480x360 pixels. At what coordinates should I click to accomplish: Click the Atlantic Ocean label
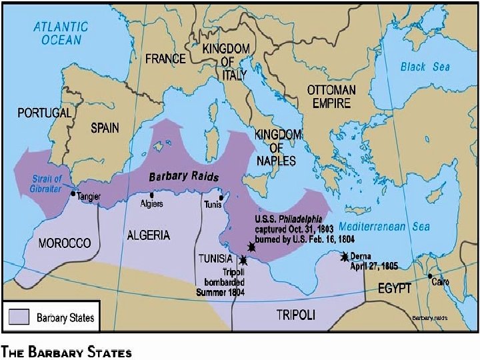point(61,33)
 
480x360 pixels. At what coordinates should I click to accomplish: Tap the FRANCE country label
point(165,59)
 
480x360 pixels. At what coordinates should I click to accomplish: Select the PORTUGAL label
point(44,113)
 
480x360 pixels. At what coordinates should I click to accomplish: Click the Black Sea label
point(425,67)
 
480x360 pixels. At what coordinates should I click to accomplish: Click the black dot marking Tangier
point(73,193)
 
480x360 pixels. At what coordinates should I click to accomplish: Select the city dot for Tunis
point(221,197)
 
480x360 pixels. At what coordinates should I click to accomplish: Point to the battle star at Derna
point(345,257)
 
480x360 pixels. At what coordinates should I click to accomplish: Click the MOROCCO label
point(65,243)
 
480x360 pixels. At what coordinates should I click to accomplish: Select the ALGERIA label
point(148,235)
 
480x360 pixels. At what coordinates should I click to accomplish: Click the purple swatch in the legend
point(19,317)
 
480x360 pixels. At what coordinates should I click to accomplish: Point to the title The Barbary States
point(67,351)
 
